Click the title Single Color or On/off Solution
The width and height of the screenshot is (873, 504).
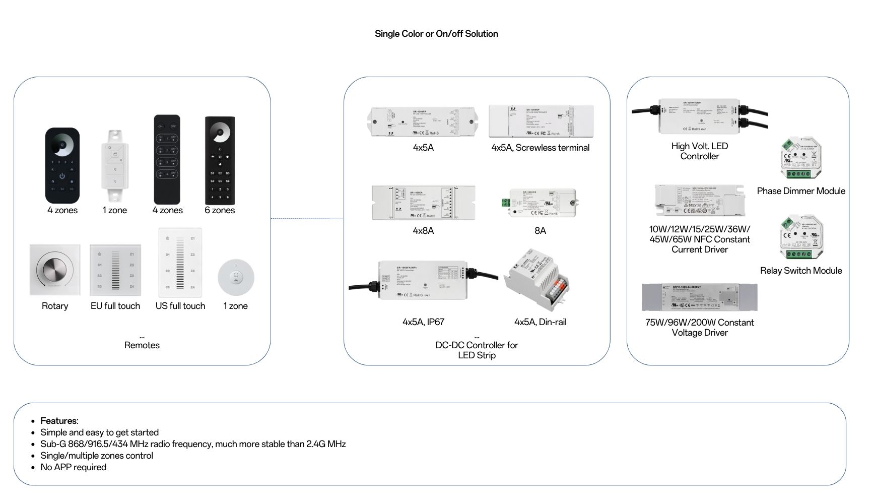coord(436,34)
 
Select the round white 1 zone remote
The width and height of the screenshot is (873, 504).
coord(236,278)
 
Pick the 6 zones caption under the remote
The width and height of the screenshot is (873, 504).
coord(220,210)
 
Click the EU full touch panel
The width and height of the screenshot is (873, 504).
coord(115,271)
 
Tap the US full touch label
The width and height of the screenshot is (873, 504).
coord(180,306)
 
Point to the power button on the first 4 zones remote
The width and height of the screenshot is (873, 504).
coord(62,176)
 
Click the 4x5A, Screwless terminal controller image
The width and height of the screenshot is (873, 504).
coord(541,121)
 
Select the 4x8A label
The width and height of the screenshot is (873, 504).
coord(423,231)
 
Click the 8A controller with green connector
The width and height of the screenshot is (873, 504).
coord(541,203)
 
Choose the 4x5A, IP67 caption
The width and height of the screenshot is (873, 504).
coord(423,322)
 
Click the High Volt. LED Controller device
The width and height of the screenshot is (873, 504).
coord(700,116)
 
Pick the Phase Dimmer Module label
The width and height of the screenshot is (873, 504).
coord(801,191)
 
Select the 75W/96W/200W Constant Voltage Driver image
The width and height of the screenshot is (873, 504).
coord(699,297)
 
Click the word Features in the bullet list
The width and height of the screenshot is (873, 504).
coord(59,421)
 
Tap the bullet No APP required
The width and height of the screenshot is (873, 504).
coord(74,467)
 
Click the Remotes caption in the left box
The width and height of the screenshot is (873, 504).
coord(142,345)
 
